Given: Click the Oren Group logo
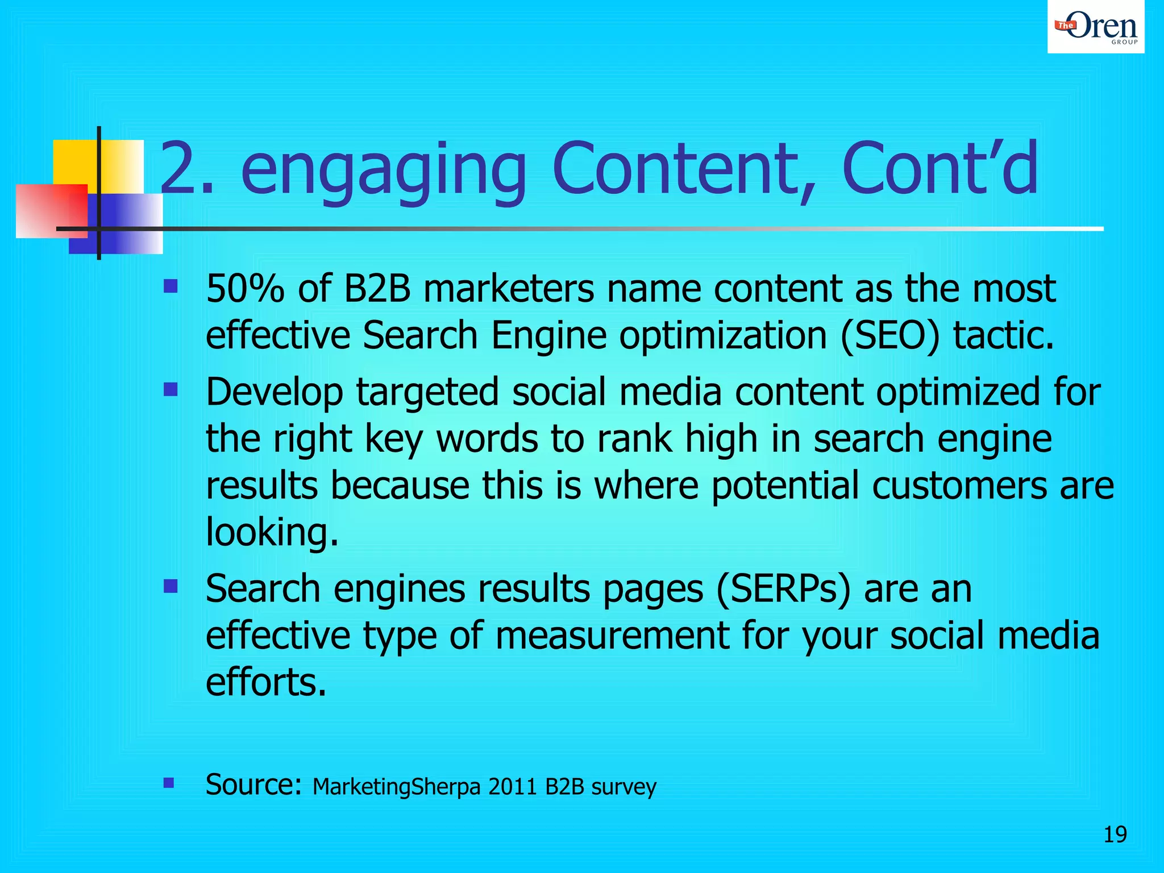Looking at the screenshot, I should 1096,27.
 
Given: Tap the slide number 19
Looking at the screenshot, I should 1115,834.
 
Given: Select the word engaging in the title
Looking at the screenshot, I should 383,171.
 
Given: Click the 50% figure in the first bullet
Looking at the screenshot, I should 245,288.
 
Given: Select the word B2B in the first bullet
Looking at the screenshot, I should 376,288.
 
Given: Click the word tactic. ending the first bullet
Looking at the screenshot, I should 1004,335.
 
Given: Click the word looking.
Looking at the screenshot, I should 272,533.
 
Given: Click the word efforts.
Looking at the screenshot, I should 266,681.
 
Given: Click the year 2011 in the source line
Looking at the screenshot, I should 513,787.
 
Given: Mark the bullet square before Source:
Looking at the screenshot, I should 168,783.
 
